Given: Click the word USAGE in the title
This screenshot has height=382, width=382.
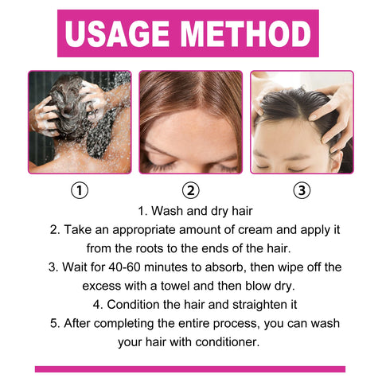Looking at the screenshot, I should coord(120,33).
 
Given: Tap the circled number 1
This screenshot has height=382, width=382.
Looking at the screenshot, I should coord(80,191).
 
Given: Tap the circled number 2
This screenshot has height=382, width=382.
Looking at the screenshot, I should coord(190,191).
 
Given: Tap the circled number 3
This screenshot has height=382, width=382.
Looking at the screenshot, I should coord(302,191).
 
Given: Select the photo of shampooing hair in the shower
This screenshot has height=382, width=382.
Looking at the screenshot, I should coord(80,122).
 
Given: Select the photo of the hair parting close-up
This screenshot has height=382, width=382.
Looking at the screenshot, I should coord(190,122).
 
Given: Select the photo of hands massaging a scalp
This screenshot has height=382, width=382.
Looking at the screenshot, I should coord(302,122).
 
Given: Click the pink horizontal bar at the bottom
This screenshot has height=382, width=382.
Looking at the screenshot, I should coord(190,369).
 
